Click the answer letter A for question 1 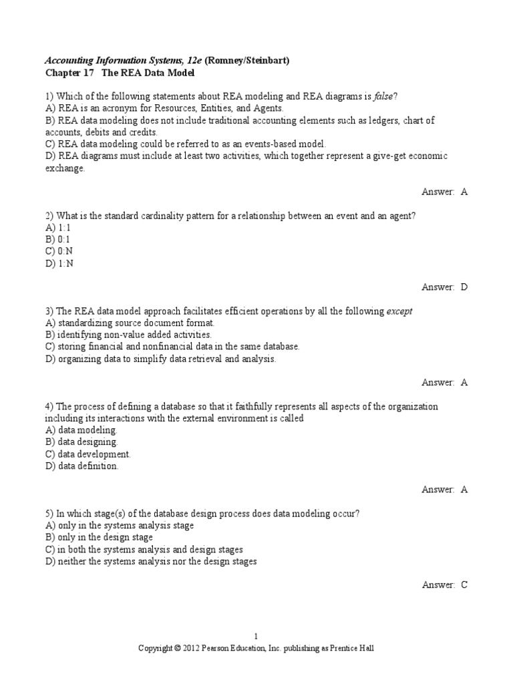coord(464,192)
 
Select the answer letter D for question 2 coord(464,287)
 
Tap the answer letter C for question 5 coord(464,584)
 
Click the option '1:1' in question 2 coord(65,227)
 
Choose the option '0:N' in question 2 coord(66,251)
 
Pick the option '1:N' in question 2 coord(66,263)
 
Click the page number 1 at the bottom coord(256,636)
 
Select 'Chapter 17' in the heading coord(69,72)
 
